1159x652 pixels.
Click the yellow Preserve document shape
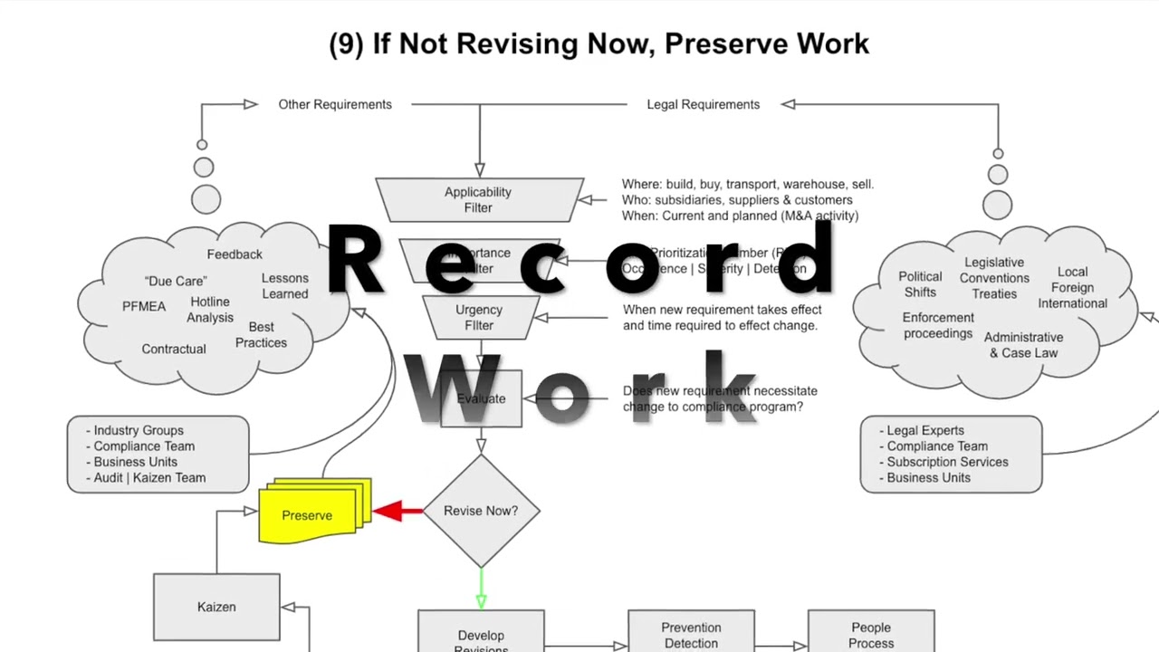point(308,515)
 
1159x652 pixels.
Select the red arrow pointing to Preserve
point(398,512)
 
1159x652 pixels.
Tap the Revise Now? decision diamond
point(481,511)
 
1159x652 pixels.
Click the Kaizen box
point(216,607)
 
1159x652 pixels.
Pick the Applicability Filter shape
point(478,199)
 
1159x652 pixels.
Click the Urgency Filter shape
point(478,317)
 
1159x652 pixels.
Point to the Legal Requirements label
point(703,104)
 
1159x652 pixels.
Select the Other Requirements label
point(335,104)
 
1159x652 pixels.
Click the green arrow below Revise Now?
point(481,589)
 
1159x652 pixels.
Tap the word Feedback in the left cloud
point(235,254)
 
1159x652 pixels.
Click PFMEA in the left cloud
point(144,306)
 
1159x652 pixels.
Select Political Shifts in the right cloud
point(920,283)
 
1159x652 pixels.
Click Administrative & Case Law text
point(1023,345)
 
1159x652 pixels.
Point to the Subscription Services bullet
point(947,462)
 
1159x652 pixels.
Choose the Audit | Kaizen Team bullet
point(149,477)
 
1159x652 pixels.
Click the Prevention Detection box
point(691,635)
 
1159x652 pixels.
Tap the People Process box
point(871,635)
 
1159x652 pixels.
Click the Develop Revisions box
point(481,638)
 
